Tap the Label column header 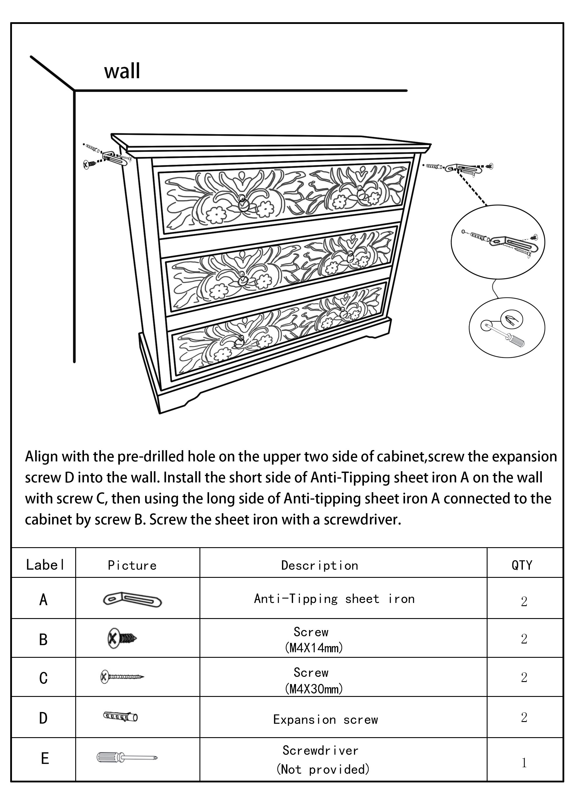click(45, 565)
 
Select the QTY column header click(522, 565)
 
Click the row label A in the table click(43, 599)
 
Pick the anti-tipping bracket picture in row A click(132, 599)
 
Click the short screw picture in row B click(122, 639)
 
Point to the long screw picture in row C click(122, 677)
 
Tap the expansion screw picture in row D click(120, 717)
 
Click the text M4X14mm click(313, 648)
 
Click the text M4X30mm click(313, 689)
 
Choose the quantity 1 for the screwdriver click(524, 763)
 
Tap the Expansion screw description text click(325, 720)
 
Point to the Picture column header click(132, 566)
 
